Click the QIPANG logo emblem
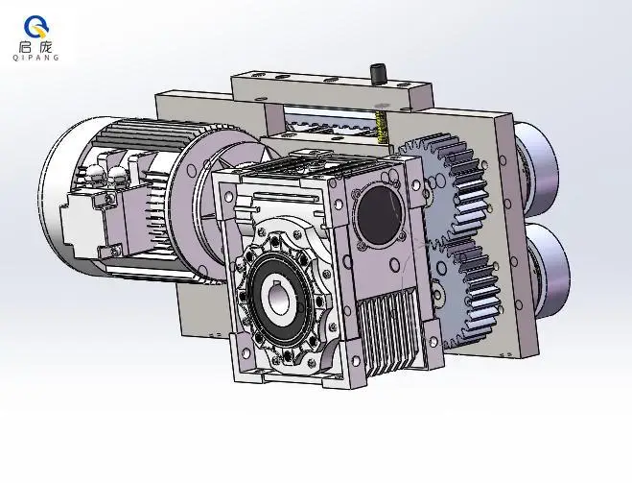pyautogui.click(x=36, y=27)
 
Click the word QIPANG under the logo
pyautogui.click(x=35, y=58)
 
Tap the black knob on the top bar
pyautogui.click(x=377, y=73)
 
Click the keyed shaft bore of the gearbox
pyautogui.click(x=282, y=298)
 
